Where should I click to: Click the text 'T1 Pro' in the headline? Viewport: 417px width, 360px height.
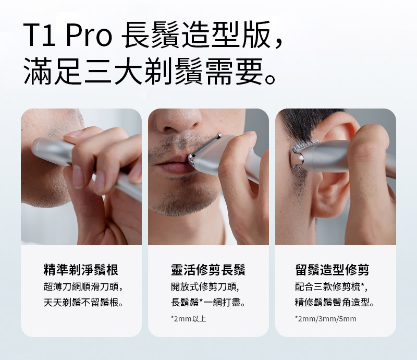pyautogui.click(x=68, y=35)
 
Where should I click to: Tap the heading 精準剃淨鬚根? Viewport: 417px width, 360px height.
pyautogui.click(x=81, y=269)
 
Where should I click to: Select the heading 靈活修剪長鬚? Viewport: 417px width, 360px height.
pyautogui.click(x=208, y=269)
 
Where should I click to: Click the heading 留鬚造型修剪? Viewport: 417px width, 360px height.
pyautogui.click(x=332, y=269)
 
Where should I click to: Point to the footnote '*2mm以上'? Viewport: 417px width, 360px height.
pyautogui.click(x=188, y=319)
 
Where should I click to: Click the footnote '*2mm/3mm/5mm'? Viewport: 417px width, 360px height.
pyautogui.click(x=325, y=319)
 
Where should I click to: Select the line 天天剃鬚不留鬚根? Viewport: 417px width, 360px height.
pyautogui.click(x=83, y=302)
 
